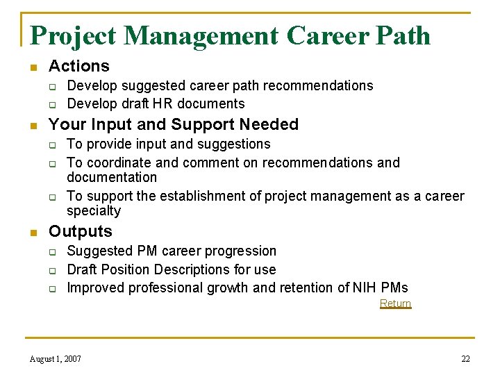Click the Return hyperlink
[395, 303]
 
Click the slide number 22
[465, 359]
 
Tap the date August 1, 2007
[56, 359]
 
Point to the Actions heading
[79, 66]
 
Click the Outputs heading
[80, 231]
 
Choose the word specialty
[94, 210]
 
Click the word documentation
[112, 177]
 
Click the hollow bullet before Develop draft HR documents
[51, 104]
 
